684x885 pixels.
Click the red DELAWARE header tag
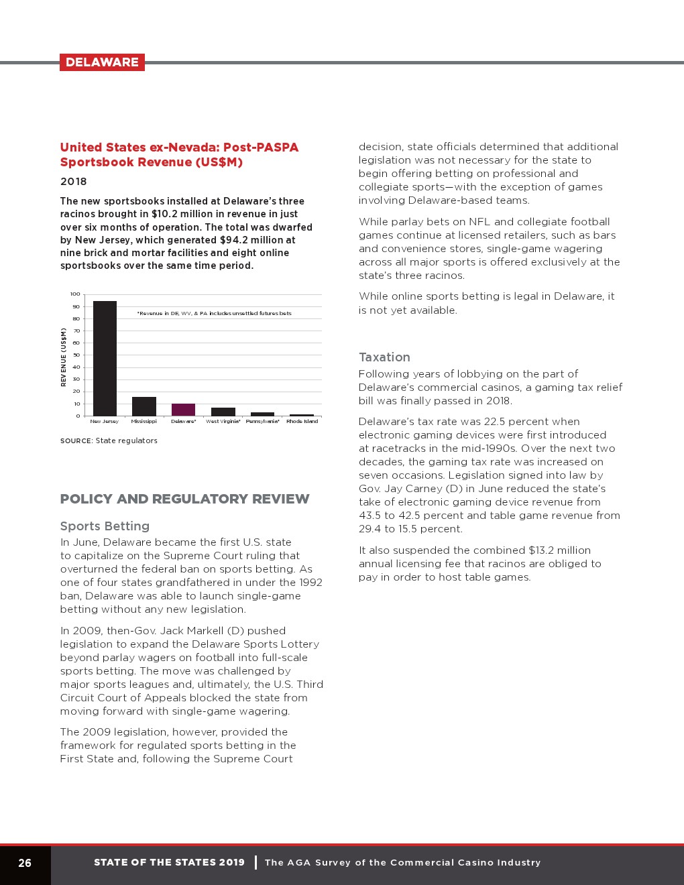click(x=102, y=62)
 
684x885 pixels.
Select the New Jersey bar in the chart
click(x=105, y=359)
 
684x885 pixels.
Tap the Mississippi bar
click(x=144, y=406)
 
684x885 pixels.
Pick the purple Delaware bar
click(x=183, y=410)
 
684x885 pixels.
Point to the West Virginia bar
click(x=223, y=412)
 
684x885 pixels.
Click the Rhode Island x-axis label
click(x=302, y=422)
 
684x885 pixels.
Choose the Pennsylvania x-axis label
click(x=262, y=422)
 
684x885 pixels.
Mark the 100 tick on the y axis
click(x=75, y=294)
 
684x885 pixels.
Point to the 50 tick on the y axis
click(x=76, y=355)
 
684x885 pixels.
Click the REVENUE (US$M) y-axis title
click(x=64, y=357)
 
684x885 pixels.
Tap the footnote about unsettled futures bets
click(x=214, y=313)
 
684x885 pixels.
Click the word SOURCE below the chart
click(x=76, y=440)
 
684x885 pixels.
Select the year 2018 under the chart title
click(x=73, y=182)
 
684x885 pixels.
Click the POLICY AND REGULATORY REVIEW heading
click(x=184, y=499)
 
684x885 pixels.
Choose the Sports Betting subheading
click(x=105, y=526)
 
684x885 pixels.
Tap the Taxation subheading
click(x=384, y=357)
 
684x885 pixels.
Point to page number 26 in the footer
click(x=25, y=863)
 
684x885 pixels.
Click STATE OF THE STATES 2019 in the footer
click(x=169, y=863)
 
